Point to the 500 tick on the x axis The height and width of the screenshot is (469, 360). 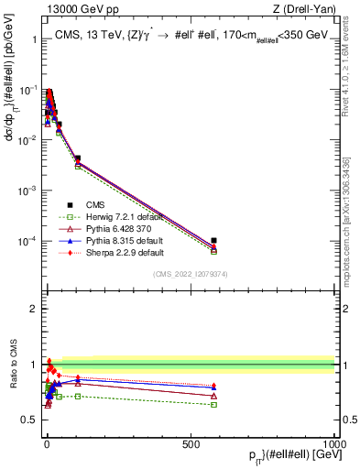[x=191, y=443]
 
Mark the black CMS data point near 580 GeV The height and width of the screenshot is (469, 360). [x=213, y=241]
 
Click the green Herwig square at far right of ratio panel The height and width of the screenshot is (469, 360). [x=213, y=404]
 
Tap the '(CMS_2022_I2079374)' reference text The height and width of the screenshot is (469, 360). [x=191, y=274]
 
